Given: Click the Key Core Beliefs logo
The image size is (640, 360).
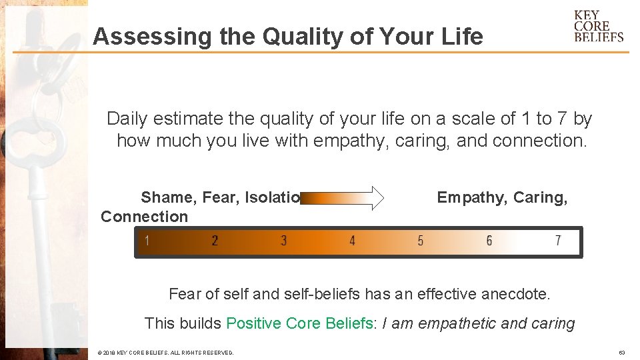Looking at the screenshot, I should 598,27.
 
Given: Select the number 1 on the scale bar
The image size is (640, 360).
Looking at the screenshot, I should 147,241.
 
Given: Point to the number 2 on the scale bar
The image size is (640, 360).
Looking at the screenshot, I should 215,241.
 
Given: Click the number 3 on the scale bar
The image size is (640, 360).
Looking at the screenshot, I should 283,241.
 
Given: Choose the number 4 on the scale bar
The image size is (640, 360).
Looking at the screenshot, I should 352,241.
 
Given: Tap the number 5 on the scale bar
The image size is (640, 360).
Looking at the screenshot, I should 420,241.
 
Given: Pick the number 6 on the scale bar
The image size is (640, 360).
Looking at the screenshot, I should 489,241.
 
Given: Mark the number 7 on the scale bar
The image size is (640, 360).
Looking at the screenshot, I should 558,241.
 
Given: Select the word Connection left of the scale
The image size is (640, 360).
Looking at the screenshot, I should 144,217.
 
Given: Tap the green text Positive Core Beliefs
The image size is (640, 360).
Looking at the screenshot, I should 299,323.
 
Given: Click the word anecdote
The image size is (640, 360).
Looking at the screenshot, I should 517,293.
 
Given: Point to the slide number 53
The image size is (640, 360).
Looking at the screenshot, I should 621,352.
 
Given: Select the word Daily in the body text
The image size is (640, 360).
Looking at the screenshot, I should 127,119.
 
